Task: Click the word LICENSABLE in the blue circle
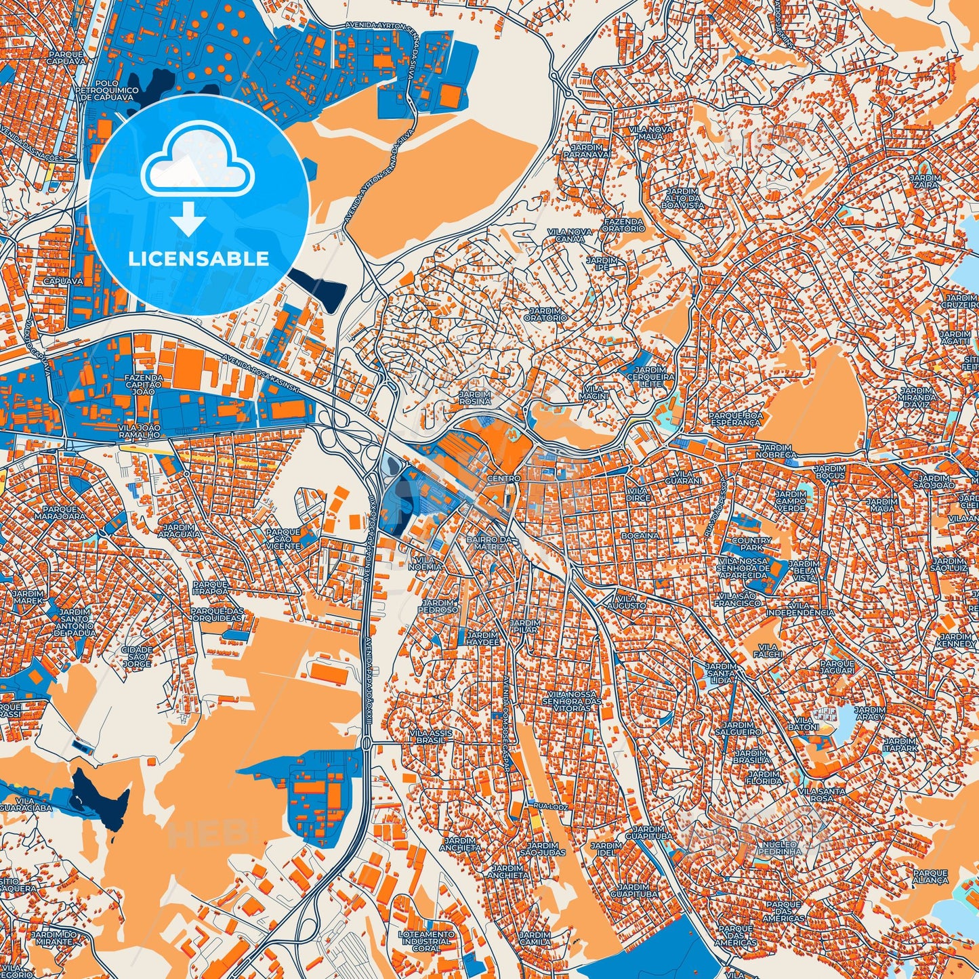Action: pyautogui.click(x=199, y=259)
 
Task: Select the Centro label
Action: pyautogui.click(x=503, y=478)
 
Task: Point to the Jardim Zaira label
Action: pyautogui.click(x=925, y=180)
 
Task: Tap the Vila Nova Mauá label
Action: pyautogui.click(x=650, y=133)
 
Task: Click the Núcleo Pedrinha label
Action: pyautogui.click(x=781, y=848)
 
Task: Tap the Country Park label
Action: pyautogui.click(x=751, y=544)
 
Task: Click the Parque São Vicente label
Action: pyautogui.click(x=283, y=539)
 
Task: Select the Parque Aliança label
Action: pyautogui.click(x=930, y=877)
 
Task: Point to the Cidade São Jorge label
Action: pyautogui.click(x=137, y=657)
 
